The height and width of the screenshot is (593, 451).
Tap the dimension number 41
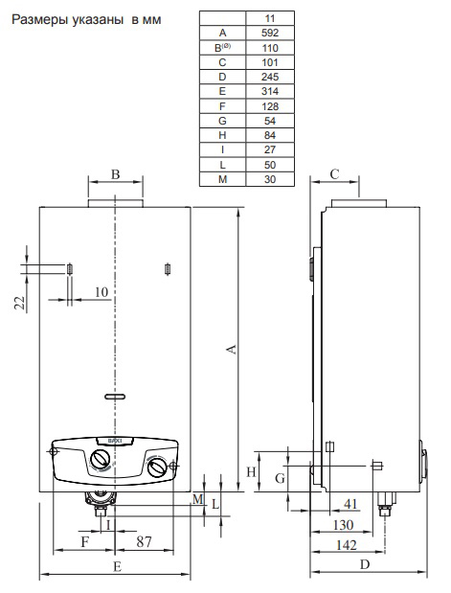click(x=350, y=505)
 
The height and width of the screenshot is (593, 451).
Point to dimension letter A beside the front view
click(x=231, y=351)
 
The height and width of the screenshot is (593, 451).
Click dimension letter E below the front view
click(x=115, y=567)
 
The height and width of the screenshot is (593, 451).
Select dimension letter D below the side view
click(x=365, y=565)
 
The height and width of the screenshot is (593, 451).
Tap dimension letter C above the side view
click(x=335, y=174)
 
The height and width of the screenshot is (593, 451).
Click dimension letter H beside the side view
click(x=253, y=471)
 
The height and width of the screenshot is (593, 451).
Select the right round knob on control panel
click(x=157, y=468)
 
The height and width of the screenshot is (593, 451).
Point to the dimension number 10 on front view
click(x=101, y=290)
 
